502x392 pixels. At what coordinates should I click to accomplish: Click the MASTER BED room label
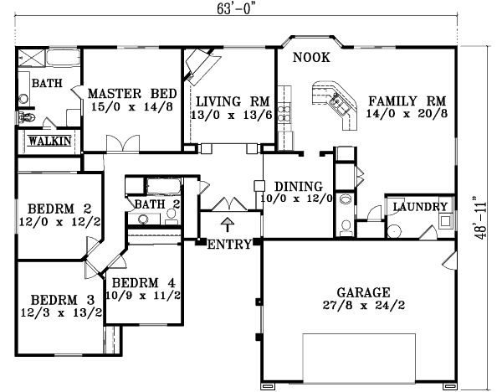[x=126, y=93]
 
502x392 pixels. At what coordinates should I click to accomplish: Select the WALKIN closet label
[x=49, y=140]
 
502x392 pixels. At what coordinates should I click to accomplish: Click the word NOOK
[x=311, y=58]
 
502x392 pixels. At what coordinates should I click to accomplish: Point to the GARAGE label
[x=363, y=292]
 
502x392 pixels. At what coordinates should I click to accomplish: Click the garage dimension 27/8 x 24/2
[x=363, y=307]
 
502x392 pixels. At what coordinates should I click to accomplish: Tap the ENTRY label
[x=228, y=245]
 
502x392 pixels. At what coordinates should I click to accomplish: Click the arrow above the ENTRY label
[x=227, y=224]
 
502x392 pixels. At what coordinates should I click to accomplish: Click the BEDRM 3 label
[x=58, y=300]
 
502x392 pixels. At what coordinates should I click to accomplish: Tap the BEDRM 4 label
[x=141, y=282]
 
